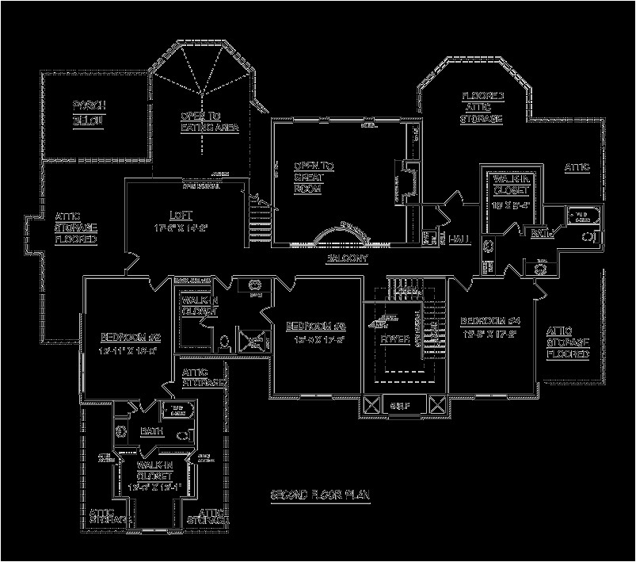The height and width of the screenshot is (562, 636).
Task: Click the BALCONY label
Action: (x=345, y=259)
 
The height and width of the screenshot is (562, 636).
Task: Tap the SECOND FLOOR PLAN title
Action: (x=321, y=495)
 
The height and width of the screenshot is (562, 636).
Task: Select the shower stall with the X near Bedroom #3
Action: (x=255, y=341)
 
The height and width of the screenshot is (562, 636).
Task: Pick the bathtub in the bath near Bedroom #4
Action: (x=585, y=216)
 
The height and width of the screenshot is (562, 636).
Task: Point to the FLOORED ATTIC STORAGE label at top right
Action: (x=482, y=107)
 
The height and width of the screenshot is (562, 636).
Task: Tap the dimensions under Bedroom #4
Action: (x=490, y=335)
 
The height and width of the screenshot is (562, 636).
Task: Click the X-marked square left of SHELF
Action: (x=371, y=406)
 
